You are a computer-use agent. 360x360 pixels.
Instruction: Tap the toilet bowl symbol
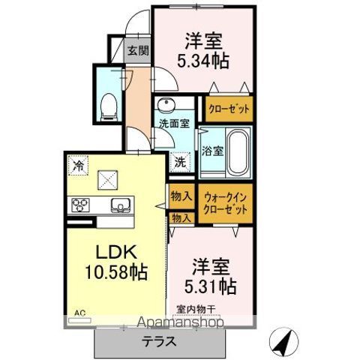pos(109,107)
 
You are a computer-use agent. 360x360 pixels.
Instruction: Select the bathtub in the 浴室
pos(238,152)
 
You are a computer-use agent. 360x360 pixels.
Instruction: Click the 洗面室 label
pos(174,124)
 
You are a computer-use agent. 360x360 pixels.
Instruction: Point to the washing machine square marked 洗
pos(180,163)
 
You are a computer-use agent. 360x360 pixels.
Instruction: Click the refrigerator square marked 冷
pos(78,165)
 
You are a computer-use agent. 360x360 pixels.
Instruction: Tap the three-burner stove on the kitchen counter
pos(80,205)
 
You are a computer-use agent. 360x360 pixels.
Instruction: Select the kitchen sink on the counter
pos(121,205)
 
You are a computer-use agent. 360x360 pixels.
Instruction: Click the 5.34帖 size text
pos(203,61)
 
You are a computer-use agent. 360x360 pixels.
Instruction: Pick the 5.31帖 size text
pos(210,286)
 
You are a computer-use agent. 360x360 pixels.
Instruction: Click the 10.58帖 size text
pos(115,272)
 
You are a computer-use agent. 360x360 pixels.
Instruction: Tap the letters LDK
pos(116,252)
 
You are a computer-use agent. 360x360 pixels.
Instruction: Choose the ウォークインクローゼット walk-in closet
pos(226,203)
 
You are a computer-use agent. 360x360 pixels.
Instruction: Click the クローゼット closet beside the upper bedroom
pos(229,109)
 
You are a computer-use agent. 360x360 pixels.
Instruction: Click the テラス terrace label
pos(159,341)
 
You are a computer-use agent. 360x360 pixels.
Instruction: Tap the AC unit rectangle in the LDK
pos(79,320)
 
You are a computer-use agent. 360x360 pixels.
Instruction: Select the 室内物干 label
pos(196,310)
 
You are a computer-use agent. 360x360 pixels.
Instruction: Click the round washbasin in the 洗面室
pos(165,103)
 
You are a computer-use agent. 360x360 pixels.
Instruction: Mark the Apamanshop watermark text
pos(181,322)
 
